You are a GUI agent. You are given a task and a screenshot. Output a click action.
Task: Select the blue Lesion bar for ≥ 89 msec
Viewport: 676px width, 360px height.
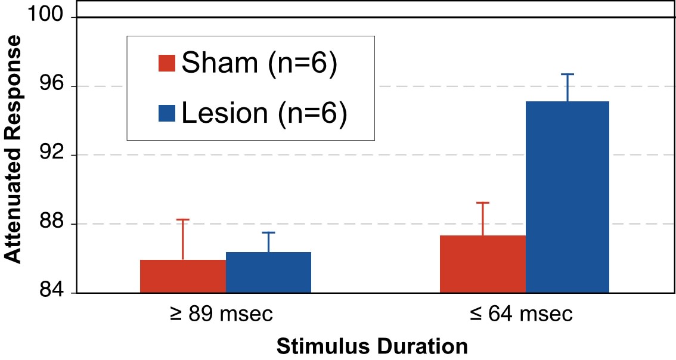[268, 272]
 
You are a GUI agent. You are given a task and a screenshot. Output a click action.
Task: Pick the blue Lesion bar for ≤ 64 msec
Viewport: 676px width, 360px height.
[568, 197]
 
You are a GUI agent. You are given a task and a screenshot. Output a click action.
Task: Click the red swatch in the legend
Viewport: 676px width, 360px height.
[166, 63]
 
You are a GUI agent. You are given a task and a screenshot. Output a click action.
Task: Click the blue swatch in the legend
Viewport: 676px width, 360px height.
[166, 113]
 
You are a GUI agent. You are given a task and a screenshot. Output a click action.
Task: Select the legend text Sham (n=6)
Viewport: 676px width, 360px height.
[260, 63]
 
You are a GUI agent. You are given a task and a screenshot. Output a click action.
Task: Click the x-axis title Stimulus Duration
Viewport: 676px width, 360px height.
[371, 346]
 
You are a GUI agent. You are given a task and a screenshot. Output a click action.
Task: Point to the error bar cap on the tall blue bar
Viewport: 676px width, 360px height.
[568, 75]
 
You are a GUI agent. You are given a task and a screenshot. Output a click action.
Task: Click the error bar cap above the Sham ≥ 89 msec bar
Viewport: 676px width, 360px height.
[183, 220]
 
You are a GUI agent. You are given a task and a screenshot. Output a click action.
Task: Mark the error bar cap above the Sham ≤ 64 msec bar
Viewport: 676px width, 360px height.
[483, 203]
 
